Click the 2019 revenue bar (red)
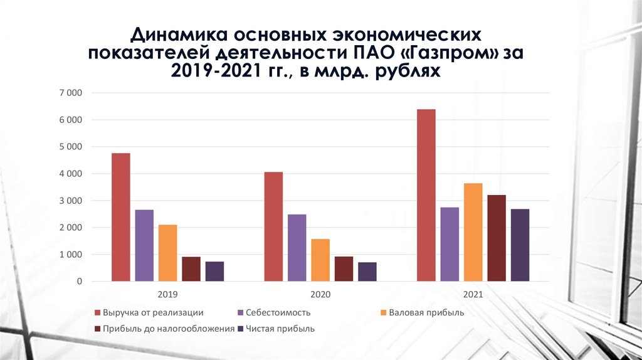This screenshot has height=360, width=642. point(121,218)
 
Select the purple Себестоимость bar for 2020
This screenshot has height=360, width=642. point(297,248)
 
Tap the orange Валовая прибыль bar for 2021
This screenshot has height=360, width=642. point(473,232)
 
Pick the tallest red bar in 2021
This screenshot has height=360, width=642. point(426,195)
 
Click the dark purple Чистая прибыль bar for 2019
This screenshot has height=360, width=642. point(214,272)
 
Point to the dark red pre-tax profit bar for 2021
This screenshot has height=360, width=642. point(497,238)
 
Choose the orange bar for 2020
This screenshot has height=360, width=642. point(320,260)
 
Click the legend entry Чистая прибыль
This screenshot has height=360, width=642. point(280,329)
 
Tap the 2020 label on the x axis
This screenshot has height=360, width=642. point(320,294)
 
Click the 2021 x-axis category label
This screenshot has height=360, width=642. point(473,294)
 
